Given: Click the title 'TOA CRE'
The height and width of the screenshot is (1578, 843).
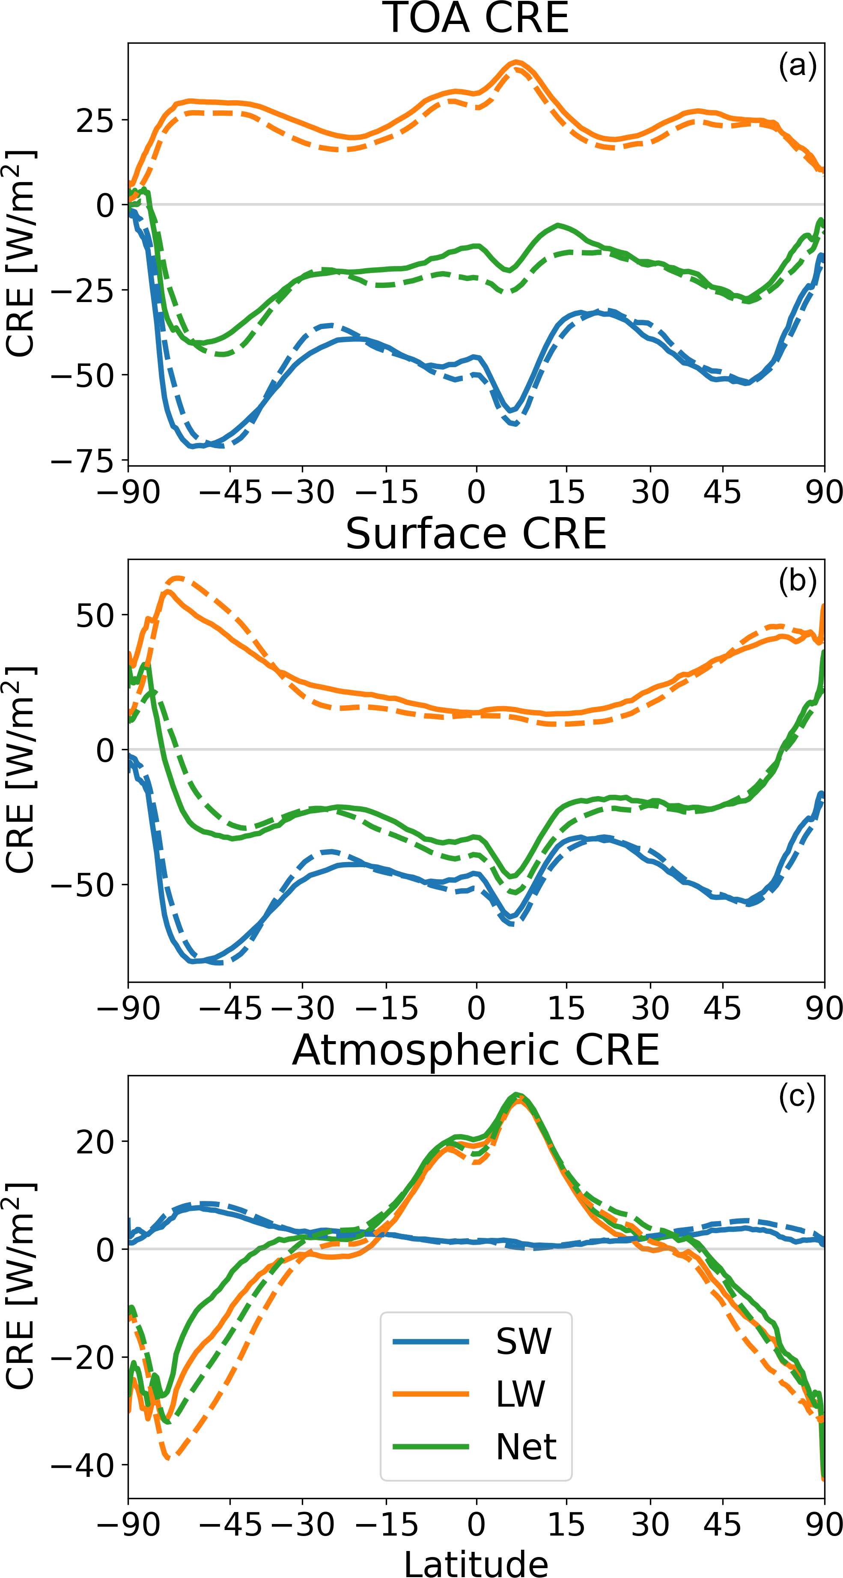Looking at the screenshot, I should click(476, 18).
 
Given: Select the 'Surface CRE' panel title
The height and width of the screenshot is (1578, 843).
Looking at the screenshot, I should click(476, 534).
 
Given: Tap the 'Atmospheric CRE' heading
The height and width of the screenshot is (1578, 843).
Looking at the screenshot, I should click(476, 1051).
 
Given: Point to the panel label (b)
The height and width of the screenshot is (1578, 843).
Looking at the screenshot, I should click(797, 581).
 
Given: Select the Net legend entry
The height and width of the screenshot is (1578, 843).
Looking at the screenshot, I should click(526, 1447).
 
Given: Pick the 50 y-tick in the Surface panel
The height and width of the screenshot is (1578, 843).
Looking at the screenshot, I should click(95, 616).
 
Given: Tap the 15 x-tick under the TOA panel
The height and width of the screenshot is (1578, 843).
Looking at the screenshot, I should click(566, 492).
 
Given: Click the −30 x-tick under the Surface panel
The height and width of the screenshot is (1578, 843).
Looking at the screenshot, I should click(302, 1008).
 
